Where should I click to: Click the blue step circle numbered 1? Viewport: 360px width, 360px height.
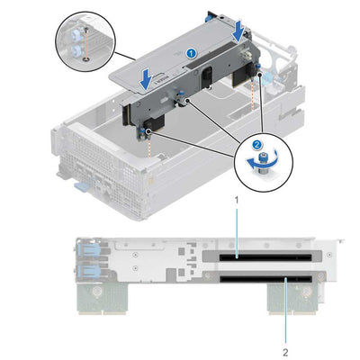click(x=190, y=54)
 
